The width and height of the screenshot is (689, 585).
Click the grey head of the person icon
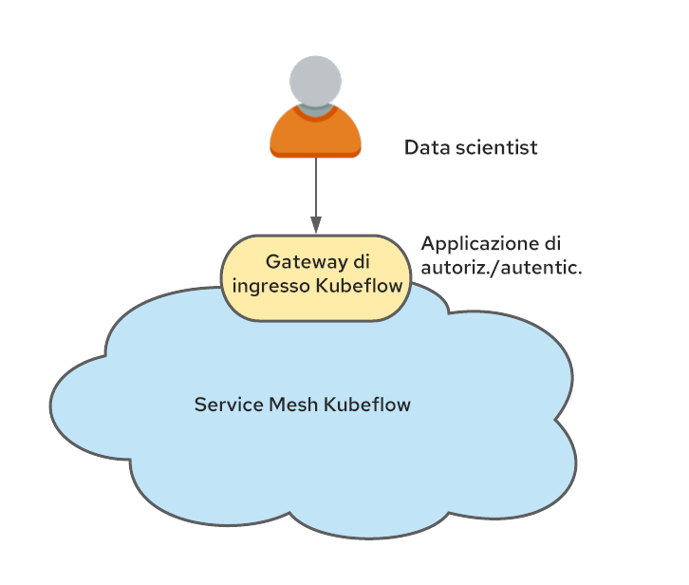tap(315, 81)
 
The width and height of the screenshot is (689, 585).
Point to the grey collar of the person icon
tap(315, 111)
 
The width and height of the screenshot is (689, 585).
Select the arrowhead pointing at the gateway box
tap(316, 224)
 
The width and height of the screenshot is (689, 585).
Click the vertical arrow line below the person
tap(316, 187)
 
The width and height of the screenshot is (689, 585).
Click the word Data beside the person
tap(427, 147)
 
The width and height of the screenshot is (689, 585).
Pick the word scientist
tap(496, 147)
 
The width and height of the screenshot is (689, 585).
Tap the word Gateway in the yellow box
tap(307, 262)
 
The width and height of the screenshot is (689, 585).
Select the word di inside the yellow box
tap(362, 261)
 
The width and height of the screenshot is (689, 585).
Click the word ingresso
tap(271, 287)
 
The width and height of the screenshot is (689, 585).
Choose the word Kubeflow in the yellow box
tap(359, 286)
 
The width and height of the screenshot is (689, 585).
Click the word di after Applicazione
tap(552, 243)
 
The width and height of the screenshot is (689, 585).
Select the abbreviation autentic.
tap(541, 268)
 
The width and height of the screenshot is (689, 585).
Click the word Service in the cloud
tap(229, 405)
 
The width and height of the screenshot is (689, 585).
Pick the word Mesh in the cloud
tap(293, 405)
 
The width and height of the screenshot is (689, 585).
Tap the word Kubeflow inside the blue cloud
tap(367, 405)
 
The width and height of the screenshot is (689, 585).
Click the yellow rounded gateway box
tap(316, 278)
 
